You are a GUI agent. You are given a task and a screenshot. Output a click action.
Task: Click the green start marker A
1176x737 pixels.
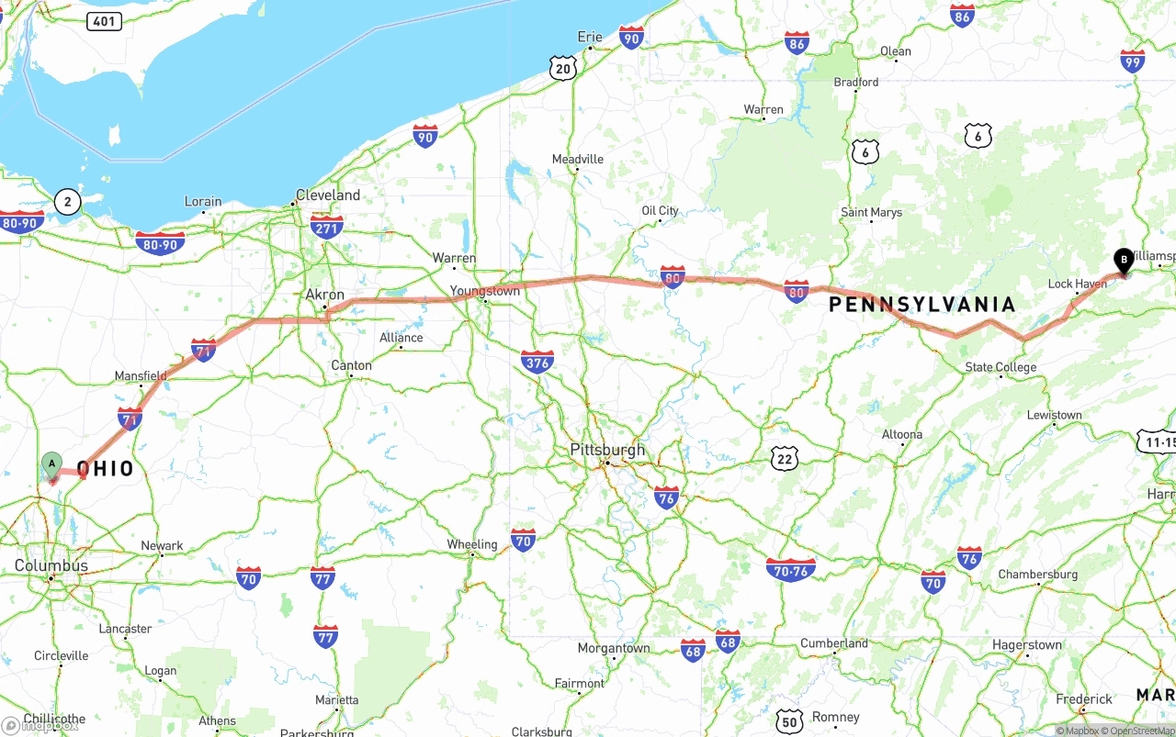coord(52,464)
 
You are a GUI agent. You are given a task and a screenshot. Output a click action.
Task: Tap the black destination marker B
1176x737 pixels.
coord(1123,261)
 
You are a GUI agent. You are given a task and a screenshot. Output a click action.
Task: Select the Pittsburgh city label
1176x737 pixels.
coord(607,450)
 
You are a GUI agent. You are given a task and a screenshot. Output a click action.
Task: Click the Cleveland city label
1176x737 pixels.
coord(328,195)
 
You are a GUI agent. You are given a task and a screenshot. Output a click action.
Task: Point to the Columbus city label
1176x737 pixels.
coord(51,565)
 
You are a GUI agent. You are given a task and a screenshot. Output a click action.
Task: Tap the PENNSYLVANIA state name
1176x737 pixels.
coord(922,305)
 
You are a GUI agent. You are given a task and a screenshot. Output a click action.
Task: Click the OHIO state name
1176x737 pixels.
coord(106,469)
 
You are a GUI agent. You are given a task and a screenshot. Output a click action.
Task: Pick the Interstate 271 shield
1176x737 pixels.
coord(327,227)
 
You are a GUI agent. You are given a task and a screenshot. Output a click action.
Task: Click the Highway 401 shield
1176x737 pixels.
coord(105,20)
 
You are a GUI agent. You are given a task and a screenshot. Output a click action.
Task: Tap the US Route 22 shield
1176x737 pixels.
coord(784,459)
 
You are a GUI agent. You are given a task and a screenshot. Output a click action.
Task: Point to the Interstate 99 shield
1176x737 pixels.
coord(1132,61)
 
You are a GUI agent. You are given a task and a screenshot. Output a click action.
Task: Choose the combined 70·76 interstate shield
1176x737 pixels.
coord(790,569)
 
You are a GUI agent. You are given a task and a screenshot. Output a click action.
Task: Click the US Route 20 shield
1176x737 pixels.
coord(563,67)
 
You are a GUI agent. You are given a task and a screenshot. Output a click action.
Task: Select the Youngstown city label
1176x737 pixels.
coord(484,291)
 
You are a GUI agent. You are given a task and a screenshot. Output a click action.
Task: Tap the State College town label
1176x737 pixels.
coord(1001,367)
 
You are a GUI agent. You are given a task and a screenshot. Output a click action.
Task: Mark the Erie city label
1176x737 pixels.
coord(590,37)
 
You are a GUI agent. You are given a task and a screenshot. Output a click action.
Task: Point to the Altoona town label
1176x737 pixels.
coord(902,434)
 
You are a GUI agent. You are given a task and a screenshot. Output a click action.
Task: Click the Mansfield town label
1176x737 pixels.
coord(141,375)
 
